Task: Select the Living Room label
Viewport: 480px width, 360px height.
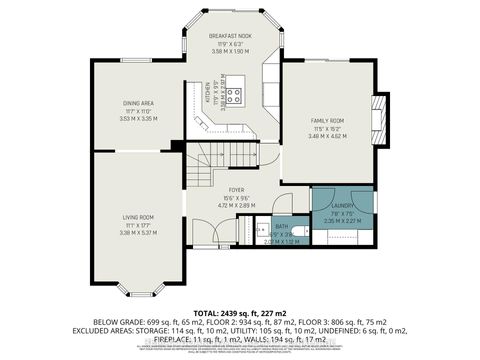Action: coord(138,217)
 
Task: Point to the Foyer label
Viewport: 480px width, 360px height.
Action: coord(236,189)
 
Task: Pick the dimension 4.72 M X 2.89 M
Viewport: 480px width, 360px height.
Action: coord(236,204)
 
